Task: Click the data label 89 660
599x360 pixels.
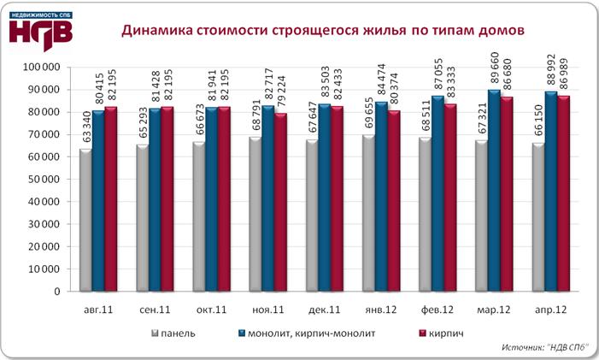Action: (x=494, y=68)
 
